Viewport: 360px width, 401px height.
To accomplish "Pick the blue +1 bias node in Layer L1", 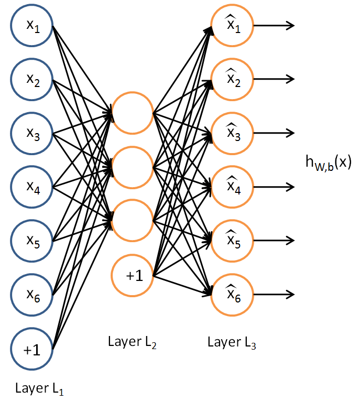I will point(32,348).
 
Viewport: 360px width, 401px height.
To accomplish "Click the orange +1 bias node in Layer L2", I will point(132,275).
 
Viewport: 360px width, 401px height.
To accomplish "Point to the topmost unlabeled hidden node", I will point(132,113).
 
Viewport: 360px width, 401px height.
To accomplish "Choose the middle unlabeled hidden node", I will point(132,167).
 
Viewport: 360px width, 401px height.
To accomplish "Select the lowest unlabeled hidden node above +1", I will point(132,221).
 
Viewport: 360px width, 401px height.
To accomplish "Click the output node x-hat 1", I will point(231,26).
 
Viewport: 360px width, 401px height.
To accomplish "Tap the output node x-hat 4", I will point(231,187).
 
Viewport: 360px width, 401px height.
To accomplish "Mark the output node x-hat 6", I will point(231,294).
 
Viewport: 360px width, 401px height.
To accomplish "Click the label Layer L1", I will point(39,389).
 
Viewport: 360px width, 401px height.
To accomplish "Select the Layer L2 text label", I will point(132,343).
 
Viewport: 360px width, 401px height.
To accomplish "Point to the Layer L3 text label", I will point(231,343).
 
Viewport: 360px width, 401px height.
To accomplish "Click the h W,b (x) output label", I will point(329,162).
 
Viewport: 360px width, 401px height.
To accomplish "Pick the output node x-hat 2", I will point(231,79).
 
